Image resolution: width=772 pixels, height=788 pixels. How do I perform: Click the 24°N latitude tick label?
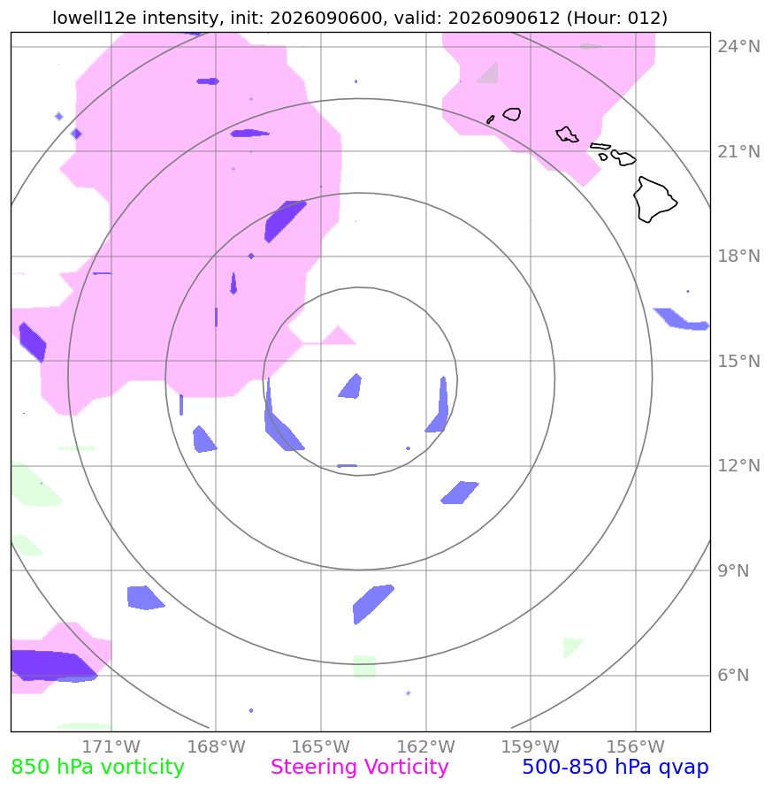tap(738, 47)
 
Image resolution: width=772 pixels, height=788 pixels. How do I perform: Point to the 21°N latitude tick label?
tap(738, 151)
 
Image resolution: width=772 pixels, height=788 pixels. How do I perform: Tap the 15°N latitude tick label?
tap(738, 361)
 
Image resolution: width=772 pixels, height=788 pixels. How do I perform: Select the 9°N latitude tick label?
tap(733, 570)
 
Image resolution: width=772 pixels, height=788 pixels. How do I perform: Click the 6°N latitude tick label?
tap(733, 675)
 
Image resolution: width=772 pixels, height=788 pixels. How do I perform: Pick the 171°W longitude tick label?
tap(111, 746)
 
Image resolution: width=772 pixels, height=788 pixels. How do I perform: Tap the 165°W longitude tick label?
tap(321, 746)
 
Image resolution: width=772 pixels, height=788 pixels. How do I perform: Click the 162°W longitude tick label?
tap(425, 746)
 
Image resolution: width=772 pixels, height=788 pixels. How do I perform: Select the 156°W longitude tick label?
tap(635, 746)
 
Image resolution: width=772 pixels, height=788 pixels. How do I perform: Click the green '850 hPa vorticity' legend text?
tap(97, 767)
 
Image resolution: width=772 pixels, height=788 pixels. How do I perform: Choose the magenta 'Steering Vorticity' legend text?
tap(359, 767)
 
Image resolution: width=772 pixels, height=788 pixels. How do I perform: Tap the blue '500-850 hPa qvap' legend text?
tap(615, 767)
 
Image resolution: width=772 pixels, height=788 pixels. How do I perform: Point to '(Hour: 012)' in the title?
tap(616, 18)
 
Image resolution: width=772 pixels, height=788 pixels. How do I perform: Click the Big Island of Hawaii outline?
tap(654, 200)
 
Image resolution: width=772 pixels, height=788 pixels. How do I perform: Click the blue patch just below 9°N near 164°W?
tap(372, 603)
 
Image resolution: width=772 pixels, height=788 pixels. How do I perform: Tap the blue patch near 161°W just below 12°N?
tap(459, 493)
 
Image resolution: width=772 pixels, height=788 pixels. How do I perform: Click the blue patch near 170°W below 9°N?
tap(144, 598)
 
